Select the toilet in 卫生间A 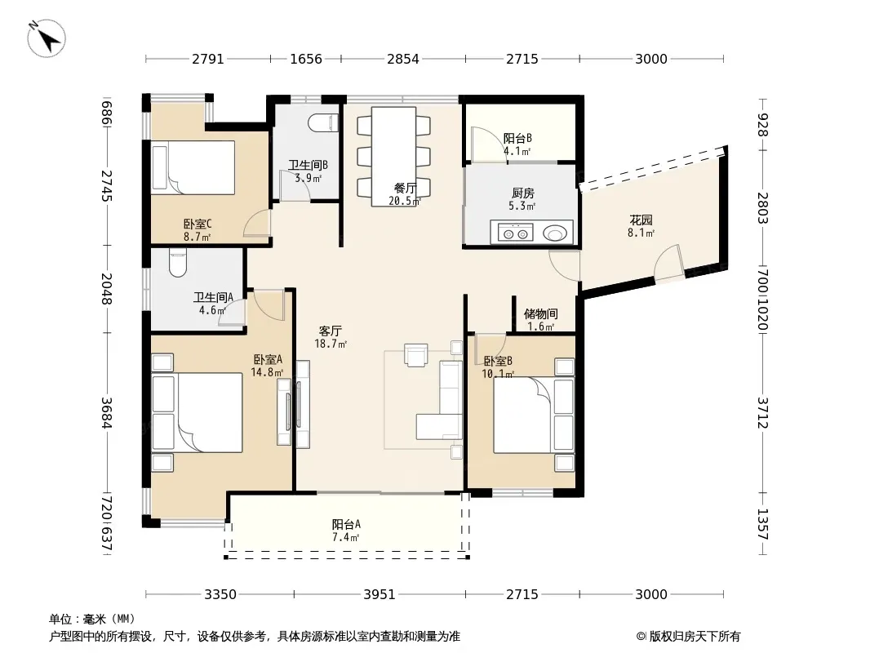click(178, 264)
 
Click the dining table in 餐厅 click(394, 157)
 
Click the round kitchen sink click(553, 233)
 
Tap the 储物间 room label click(540, 314)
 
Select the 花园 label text click(641, 220)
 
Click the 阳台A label click(346, 524)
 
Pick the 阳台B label click(517, 138)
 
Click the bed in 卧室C click(193, 167)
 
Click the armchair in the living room click(416, 355)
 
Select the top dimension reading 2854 click(403, 59)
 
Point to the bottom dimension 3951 click(380, 595)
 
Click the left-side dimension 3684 click(107, 413)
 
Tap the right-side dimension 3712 click(763, 413)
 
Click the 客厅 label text click(330, 331)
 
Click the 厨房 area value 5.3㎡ click(522, 207)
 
